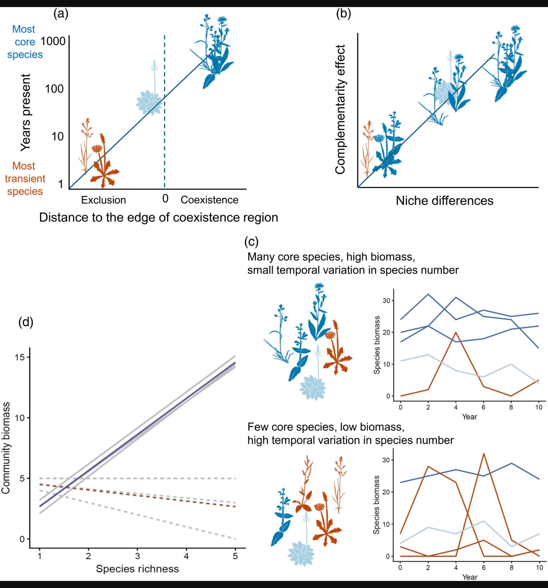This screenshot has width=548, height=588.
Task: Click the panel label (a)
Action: (61, 14)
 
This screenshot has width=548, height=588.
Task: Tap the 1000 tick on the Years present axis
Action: (53, 41)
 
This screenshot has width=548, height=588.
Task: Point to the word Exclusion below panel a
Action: (103, 200)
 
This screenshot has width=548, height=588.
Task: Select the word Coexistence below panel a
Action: (209, 200)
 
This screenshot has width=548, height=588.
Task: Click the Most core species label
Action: (25, 42)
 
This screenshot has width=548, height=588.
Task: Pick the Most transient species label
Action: (25, 179)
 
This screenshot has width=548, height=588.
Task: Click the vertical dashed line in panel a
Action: (165, 133)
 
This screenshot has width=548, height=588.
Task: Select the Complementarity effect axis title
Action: (340, 109)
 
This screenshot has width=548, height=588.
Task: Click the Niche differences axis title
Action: (445, 201)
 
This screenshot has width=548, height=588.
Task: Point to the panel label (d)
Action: (26, 321)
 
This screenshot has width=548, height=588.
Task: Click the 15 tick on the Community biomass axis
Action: (20, 357)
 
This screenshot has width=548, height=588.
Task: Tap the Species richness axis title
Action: (137, 569)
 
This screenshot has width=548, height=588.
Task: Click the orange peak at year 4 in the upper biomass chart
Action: (456, 332)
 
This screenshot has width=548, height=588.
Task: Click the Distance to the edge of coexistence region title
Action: (158, 217)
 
